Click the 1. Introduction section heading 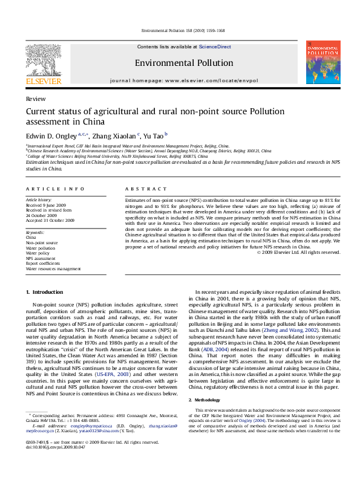point(44,291)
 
